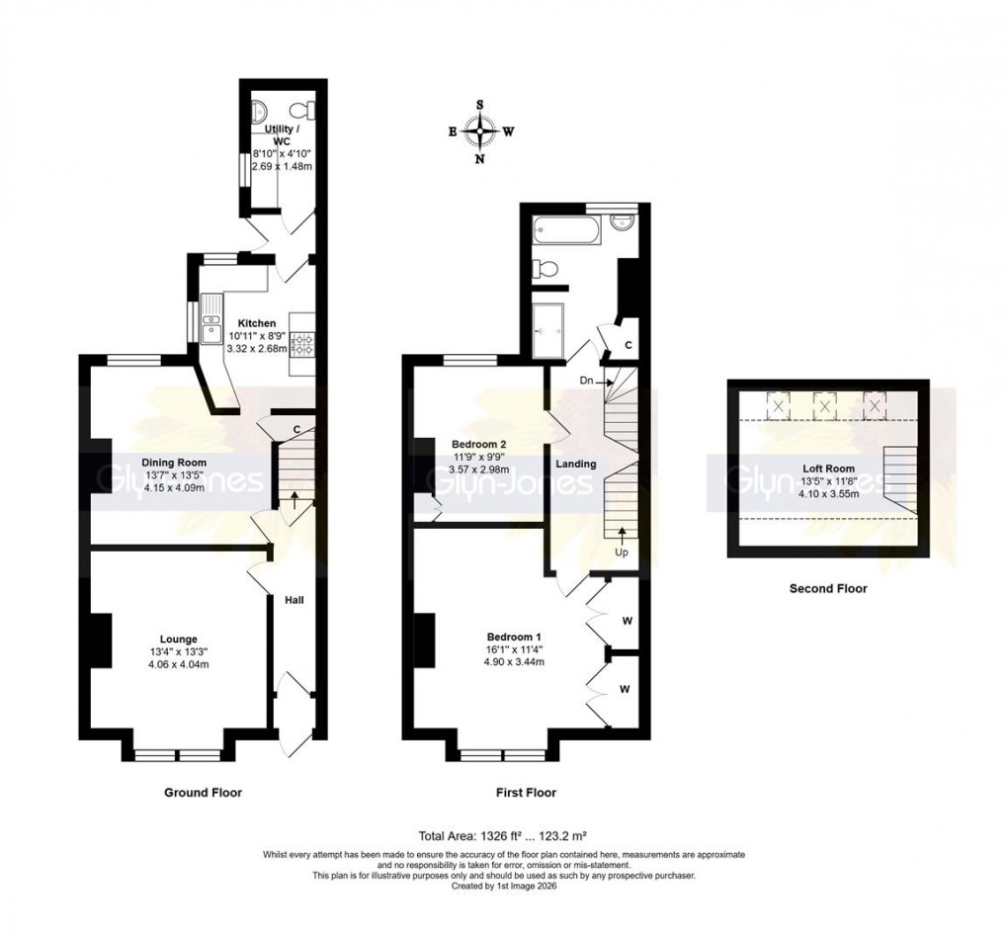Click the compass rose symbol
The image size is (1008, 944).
click(x=480, y=130)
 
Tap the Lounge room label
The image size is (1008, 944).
click(x=180, y=639)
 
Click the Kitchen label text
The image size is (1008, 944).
click(x=256, y=323)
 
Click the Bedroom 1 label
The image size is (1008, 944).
click(x=513, y=636)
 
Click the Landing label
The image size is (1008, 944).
click(x=574, y=464)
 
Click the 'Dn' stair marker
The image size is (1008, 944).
click(x=586, y=378)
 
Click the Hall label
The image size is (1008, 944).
click(x=294, y=600)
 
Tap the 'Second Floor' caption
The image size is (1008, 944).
click(x=827, y=589)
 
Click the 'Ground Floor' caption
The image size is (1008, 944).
click(x=202, y=793)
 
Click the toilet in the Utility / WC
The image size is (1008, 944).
click(x=310, y=108)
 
